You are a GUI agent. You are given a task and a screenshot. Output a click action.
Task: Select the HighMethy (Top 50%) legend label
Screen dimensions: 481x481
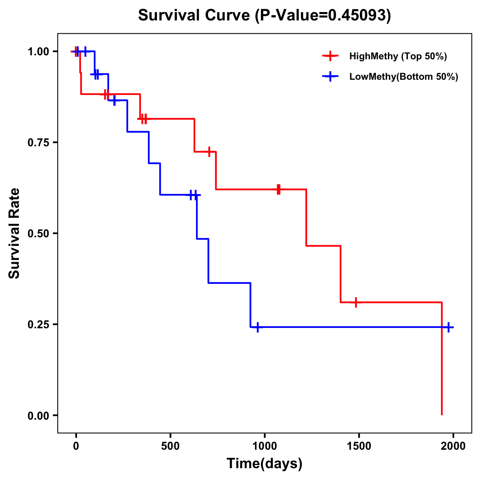[398, 56]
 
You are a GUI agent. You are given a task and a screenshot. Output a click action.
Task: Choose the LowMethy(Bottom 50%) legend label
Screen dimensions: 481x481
[404, 77]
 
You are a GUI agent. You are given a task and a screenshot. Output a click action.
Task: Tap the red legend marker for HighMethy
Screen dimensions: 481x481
[330, 56]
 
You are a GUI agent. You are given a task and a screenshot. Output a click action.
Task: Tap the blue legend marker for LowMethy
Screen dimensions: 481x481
[330, 77]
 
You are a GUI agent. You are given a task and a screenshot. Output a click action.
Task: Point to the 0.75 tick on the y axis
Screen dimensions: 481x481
[38, 143]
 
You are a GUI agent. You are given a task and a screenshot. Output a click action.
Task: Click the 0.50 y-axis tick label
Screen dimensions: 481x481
[38, 234]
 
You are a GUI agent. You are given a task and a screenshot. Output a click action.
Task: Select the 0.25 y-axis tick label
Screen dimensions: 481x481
[38, 325]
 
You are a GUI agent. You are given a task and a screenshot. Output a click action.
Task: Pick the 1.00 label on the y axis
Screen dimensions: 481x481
[38, 52]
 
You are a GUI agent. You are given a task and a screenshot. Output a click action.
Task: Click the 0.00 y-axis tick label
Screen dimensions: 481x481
[38, 416]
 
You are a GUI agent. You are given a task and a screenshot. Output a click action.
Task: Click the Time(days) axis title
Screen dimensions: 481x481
[265, 464]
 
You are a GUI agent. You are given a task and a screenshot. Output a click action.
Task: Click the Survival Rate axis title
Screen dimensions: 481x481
[14, 233]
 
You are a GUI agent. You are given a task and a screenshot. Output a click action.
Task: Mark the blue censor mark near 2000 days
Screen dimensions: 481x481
[449, 327]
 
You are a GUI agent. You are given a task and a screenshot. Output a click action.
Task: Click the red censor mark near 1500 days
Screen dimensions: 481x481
[356, 302]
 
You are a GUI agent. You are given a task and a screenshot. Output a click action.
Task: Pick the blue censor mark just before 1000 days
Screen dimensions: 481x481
[258, 327]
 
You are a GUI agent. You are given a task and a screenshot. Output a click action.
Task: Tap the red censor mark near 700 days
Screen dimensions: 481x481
[209, 152]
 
